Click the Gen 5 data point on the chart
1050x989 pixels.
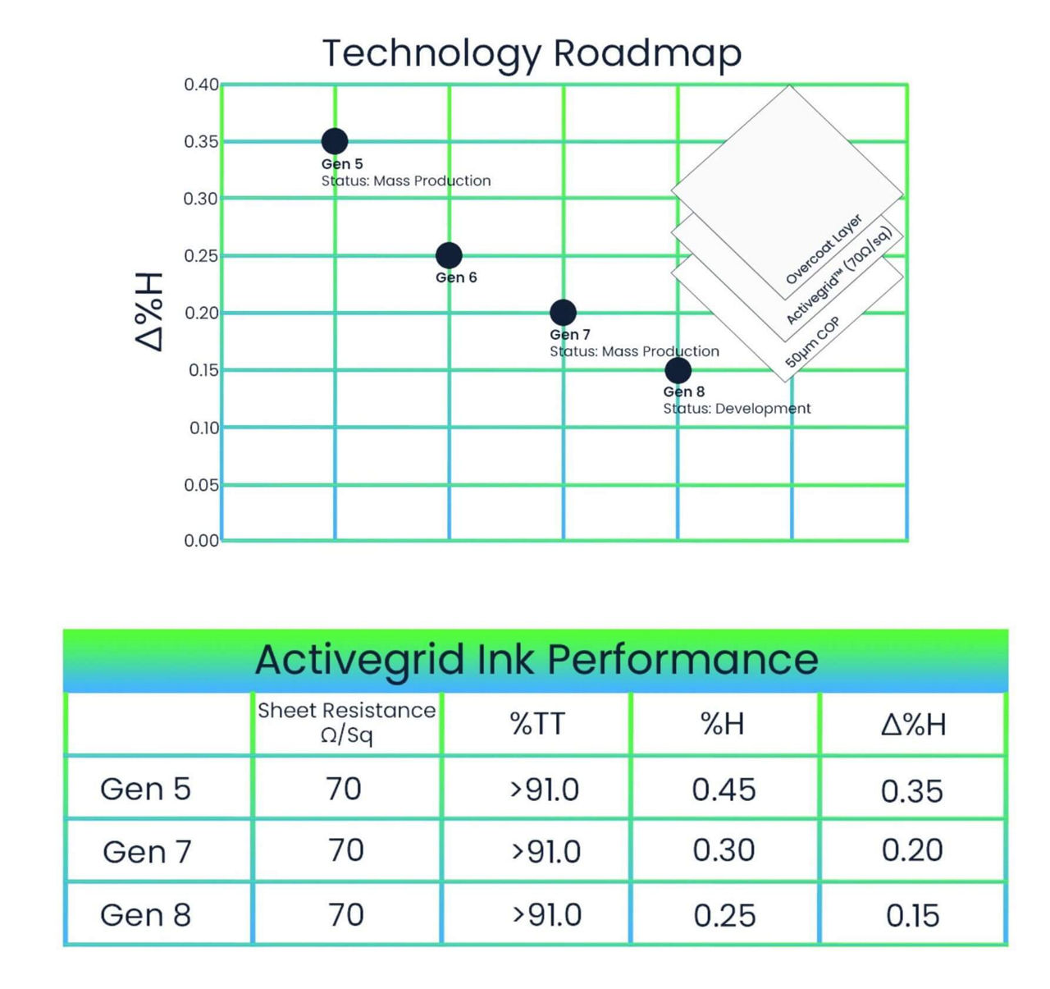[334, 141]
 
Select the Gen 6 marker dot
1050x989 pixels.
[449, 255]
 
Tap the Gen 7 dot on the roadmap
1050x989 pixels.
[563, 312]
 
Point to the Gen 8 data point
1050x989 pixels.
[678, 370]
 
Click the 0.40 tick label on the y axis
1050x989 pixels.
[201, 85]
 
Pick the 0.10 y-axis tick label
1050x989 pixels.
[203, 428]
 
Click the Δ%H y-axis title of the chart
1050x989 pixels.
[150, 312]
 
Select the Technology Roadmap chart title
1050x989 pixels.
[532, 53]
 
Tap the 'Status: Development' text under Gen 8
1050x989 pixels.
[737, 409]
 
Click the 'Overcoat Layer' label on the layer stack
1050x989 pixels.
[824, 250]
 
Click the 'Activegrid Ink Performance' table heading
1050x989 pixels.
[536, 660]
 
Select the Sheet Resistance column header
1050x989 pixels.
[346, 721]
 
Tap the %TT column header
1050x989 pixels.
[537, 724]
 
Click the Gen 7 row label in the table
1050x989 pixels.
[147, 852]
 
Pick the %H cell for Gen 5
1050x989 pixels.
[724, 790]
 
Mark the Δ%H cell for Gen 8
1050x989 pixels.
[912, 915]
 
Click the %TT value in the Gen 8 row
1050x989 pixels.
[546, 915]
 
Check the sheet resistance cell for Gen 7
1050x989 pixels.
[345, 851]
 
